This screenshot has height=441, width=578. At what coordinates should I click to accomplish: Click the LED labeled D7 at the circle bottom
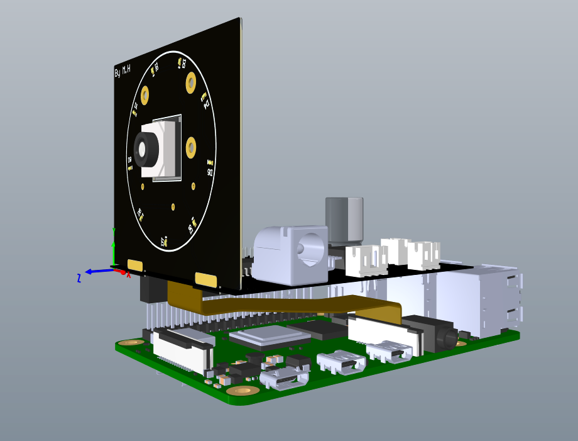(x=165, y=241)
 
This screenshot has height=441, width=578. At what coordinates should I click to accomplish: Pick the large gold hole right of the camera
(x=191, y=148)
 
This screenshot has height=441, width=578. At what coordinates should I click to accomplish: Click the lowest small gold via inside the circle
(x=173, y=206)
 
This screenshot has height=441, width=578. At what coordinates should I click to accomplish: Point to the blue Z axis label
(x=79, y=278)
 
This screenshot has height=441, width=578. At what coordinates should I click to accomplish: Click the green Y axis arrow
(x=114, y=248)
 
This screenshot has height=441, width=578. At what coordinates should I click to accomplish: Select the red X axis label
(x=129, y=275)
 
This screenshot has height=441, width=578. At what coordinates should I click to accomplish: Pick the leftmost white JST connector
(x=366, y=260)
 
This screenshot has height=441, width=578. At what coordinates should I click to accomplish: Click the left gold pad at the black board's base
(x=135, y=265)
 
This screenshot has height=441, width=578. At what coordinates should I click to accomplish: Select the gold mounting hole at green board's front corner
(x=243, y=391)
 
